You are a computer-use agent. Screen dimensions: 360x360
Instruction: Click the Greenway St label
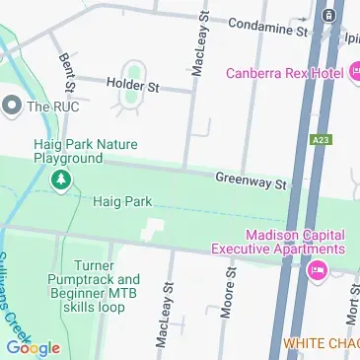tap(251, 180)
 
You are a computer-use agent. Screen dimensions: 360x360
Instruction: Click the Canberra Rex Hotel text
tap(282, 73)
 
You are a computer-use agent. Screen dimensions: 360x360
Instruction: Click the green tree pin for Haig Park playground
tap(61, 180)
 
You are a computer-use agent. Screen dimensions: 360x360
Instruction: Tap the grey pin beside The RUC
tap(13, 105)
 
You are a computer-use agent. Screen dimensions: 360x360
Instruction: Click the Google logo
tap(32, 347)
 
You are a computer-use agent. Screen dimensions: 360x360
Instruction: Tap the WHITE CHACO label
tap(321, 343)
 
